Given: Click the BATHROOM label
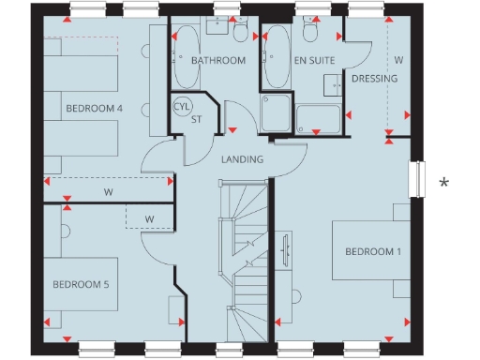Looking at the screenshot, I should pos(217,61).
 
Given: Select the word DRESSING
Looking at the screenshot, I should pos(374,79).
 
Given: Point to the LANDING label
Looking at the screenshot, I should pos(242,159).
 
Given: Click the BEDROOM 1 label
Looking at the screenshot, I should pos(372,252).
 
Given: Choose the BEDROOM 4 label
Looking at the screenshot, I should pos(94,109).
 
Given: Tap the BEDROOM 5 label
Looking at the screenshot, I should pos(81,284).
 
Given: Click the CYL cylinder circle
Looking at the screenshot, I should pos(182,106).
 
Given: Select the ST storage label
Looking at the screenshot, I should pos(197,119).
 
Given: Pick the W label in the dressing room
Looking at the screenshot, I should pos(398,60).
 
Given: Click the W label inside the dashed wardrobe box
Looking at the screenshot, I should pos(148,219).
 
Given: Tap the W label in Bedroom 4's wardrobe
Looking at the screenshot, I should pos(109,192).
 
